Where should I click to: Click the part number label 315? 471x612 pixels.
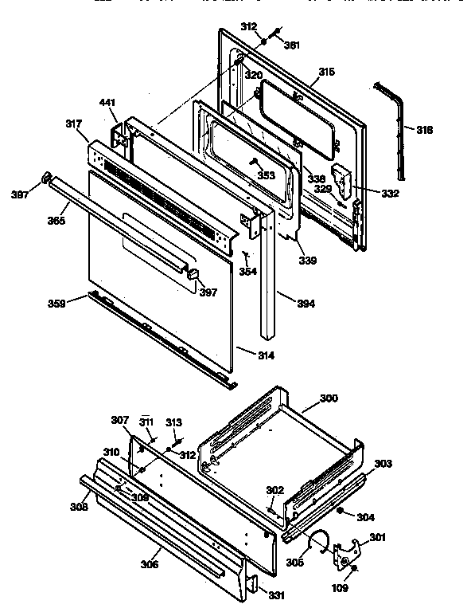coord(326,73)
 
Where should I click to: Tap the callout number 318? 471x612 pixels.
coord(424,129)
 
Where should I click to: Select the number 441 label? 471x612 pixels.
coord(107,103)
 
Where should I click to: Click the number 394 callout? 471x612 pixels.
coord(284,304)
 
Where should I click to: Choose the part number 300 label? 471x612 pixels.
coord(328,398)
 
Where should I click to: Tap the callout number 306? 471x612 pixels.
coord(149,564)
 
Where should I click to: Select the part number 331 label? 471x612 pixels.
coord(275,594)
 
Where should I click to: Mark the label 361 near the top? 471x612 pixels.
coord(293,45)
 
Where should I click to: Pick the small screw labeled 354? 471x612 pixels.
coord(247,257)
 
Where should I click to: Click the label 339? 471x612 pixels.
coord(307,260)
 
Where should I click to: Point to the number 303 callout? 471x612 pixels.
coord(383,463)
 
